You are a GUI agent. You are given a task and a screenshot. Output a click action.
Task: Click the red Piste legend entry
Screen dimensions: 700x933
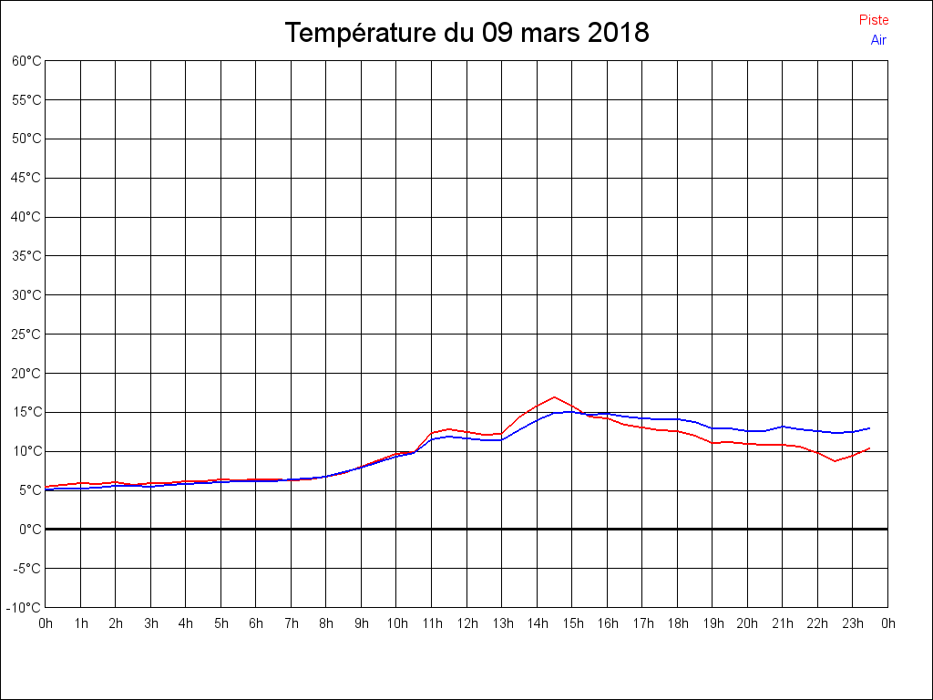(874, 20)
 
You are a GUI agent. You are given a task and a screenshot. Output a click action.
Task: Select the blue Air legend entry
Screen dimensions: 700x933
(878, 40)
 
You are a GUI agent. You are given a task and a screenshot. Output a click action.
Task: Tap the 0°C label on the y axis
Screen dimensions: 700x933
(30, 529)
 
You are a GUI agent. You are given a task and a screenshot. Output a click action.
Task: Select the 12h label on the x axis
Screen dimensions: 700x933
(467, 624)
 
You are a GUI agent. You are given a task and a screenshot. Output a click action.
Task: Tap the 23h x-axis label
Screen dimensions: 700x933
(853, 624)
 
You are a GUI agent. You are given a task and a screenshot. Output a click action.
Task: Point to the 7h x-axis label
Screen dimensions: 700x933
(292, 624)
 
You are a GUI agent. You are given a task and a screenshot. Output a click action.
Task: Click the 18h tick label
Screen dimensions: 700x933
(678, 624)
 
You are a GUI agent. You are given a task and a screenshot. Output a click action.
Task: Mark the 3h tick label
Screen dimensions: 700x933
(151, 624)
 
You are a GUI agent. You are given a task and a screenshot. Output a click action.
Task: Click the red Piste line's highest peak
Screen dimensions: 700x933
(554, 397)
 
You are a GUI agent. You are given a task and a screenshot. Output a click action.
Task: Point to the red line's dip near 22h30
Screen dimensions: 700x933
(835, 461)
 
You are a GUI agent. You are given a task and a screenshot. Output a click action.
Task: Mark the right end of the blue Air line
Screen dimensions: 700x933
(870, 428)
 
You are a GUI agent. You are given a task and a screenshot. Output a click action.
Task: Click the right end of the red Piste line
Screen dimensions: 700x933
(870, 448)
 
